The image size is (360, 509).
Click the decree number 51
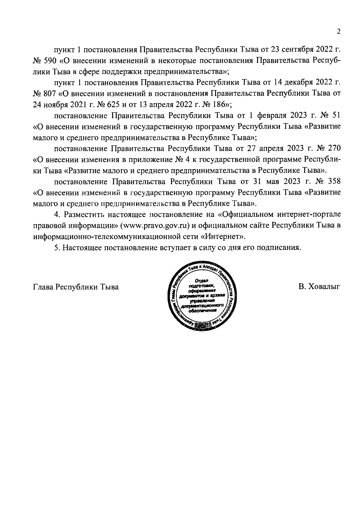pyautogui.click(x=336, y=115)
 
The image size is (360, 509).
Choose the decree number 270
pyautogui.click(x=334, y=148)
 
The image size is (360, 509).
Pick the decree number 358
pyautogui.click(x=334, y=181)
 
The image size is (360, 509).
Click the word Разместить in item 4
pyautogui.click(x=84, y=214)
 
